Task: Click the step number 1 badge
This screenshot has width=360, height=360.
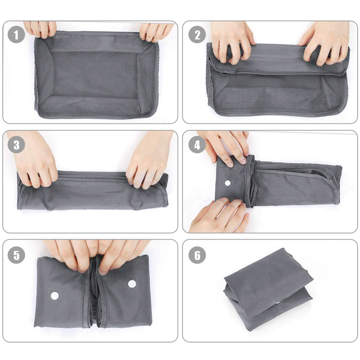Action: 16,35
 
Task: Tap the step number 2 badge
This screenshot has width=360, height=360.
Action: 197,35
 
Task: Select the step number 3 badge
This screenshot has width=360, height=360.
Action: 16,145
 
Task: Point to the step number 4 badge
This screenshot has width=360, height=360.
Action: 197,145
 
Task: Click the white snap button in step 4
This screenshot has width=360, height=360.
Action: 228,183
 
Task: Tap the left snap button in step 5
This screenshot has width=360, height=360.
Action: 55,296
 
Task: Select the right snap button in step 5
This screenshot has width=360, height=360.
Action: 132,284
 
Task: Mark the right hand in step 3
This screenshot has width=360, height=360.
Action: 149,161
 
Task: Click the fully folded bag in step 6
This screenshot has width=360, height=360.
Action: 268,290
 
